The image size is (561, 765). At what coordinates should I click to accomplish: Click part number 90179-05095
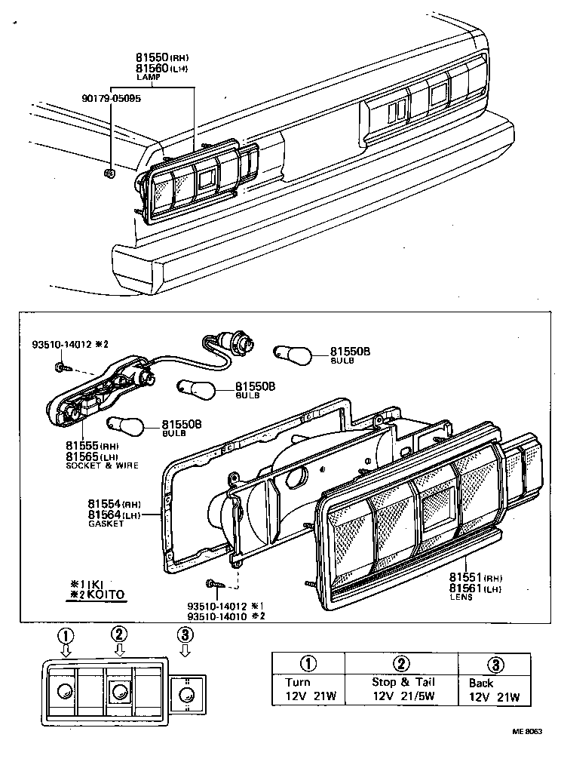[111, 98]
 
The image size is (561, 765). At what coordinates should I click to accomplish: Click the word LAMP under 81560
[146, 77]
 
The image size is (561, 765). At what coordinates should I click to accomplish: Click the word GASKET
[105, 524]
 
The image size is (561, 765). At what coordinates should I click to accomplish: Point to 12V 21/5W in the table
[403, 696]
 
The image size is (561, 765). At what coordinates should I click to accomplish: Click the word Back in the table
[482, 683]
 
